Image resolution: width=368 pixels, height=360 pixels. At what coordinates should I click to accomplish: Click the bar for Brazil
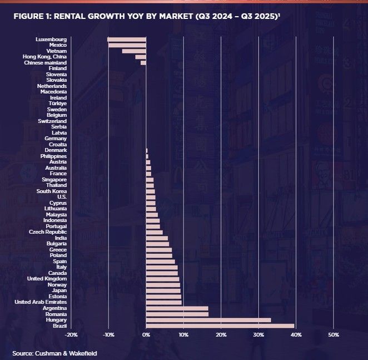[220, 326]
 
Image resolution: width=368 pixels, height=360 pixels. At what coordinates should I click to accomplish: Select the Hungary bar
[208, 320]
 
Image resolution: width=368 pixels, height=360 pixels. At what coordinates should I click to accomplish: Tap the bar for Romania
[177, 314]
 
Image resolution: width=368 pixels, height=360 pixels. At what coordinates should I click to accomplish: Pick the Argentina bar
[177, 308]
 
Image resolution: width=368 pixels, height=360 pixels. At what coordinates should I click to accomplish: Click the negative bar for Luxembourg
[127, 40]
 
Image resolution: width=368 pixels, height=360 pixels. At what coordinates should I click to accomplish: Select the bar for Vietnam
[134, 51]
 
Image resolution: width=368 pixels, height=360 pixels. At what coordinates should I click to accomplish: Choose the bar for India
[157, 238]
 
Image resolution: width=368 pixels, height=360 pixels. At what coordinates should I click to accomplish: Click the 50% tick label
[333, 335]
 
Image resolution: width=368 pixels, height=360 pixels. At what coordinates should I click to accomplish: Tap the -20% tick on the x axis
[71, 335]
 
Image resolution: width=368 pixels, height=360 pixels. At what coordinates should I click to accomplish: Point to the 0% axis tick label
[146, 335]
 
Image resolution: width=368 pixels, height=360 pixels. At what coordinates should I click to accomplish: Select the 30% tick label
[258, 335]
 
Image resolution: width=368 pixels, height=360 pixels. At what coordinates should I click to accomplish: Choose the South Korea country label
[52, 191]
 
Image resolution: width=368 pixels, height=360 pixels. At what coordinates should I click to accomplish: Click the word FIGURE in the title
[27, 16]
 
